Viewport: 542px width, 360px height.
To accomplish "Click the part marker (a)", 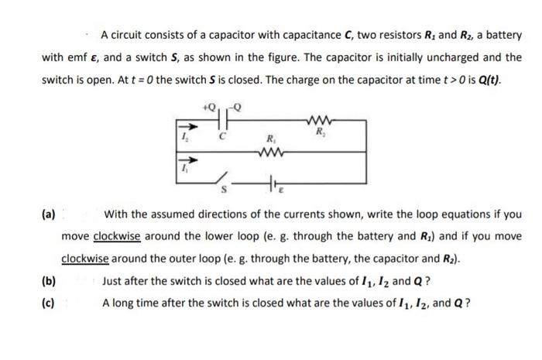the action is [x=48, y=214].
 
